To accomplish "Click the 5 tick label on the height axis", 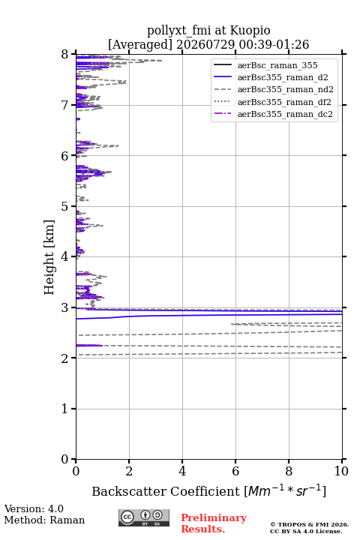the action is (65, 206).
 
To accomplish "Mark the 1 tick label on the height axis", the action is (65, 409).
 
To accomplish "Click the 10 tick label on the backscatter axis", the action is (342, 471).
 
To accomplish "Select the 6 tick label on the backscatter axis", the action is (235, 471).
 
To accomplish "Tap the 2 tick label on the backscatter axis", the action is (129, 471).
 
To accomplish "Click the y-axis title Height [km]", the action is (49, 257).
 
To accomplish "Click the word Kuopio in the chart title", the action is (250, 30).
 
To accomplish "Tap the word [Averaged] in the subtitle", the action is (140, 44).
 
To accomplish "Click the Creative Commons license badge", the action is (144, 517).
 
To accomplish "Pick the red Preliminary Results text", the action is (214, 523).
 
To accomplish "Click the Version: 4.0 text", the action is (34, 508).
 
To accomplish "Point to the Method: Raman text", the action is (44, 520).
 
